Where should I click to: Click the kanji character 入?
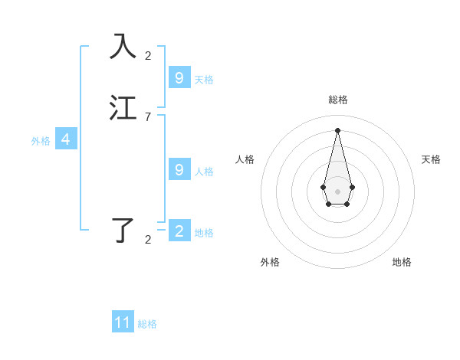(x=123, y=46)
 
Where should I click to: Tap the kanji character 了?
(x=123, y=230)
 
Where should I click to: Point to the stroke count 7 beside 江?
(x=148, y=117)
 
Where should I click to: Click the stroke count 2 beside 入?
(x=148, y=55)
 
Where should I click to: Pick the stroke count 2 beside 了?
(x=148, y=240)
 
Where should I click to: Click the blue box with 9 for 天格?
(x=179, y=77)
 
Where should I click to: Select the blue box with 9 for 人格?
(x=179, y=169)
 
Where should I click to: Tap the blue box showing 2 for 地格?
(x=179, y=231)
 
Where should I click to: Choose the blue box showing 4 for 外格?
(x=66, y=139)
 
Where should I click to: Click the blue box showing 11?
(x=123, y=322)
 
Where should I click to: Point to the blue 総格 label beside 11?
(x=147, y=324)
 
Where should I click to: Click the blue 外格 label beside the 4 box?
(x=41, y=141)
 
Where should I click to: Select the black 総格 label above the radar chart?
(x=337, y=100)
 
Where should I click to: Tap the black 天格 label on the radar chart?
(x=431, y=159)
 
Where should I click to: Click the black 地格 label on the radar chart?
(x=402, y=262)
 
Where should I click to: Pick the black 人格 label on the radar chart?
(x=245, y=159)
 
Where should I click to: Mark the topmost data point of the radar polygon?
(x=337, y=129)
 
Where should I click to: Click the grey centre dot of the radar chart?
(x=337, y=191)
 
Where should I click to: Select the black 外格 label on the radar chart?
(x=270, y=262)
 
